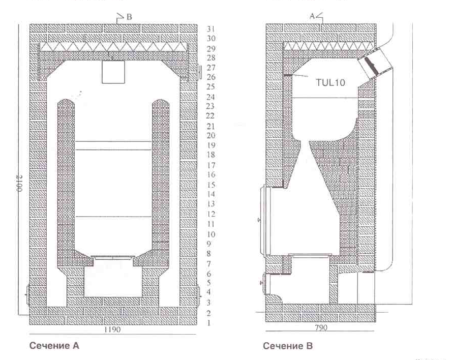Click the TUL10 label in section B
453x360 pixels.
click(x=330, y=82)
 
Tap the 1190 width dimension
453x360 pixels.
click(x=112, y=329)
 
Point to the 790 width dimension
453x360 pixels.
click(x=321, y=327)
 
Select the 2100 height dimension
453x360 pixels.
click(x=20, y=184)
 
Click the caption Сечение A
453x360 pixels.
click(x=54, y=346)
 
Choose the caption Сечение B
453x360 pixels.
click(x=288, y=346)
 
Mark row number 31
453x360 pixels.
click(x=211, y=29)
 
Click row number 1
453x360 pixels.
click(x=209, y=323)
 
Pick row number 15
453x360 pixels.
click(x=211, y=185)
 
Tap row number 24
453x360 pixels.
click(x=211, y=97)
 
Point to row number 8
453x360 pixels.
click(x=209, y=253)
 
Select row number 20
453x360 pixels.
click(x=211, y=135)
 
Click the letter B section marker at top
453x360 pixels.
click(x=129, y=17)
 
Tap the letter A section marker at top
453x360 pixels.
click(x=312, y=16)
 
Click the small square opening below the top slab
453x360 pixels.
click(x=113, y=72)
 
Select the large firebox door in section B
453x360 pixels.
click(x=265, y=221)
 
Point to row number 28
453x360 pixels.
click(x=211, y=58)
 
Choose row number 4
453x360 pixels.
click(x=209, y=292)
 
